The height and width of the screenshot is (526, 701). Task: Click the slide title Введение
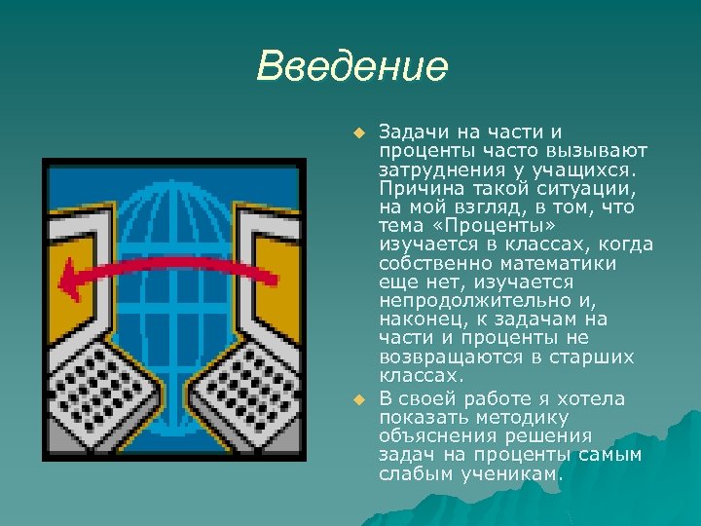352,68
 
